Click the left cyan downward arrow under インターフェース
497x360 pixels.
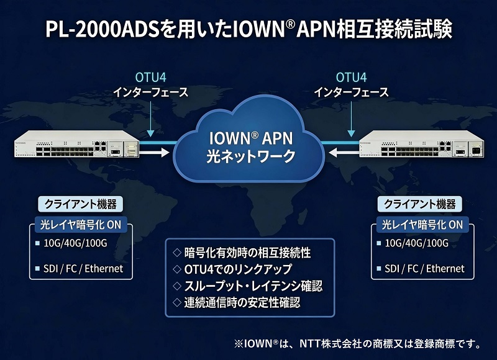[x=150, y=124]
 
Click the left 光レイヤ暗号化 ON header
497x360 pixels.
[x=80, y=224]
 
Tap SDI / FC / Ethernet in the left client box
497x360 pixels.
[x=83, y=269]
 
